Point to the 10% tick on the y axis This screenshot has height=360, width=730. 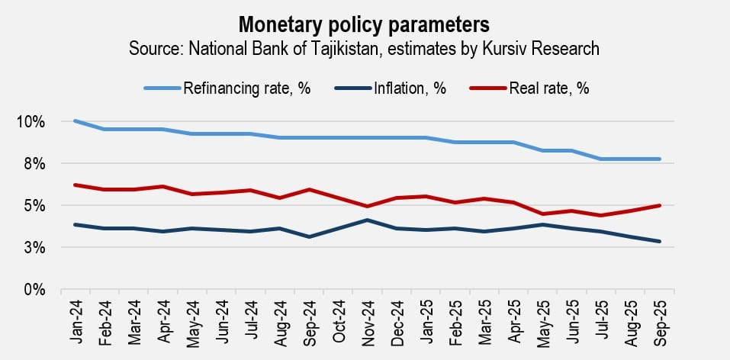31,122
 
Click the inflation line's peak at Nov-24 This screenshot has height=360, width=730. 368,220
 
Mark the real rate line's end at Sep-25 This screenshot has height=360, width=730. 659,205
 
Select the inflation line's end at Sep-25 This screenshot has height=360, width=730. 659,242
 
